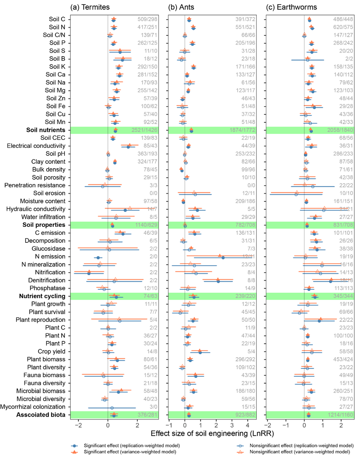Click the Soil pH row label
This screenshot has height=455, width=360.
pyautogui.click(x=55, y=154)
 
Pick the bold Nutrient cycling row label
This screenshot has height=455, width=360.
pyautogui.click(x=42, y=296)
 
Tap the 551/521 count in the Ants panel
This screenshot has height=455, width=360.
pyautogui.click(x=246, y=27)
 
